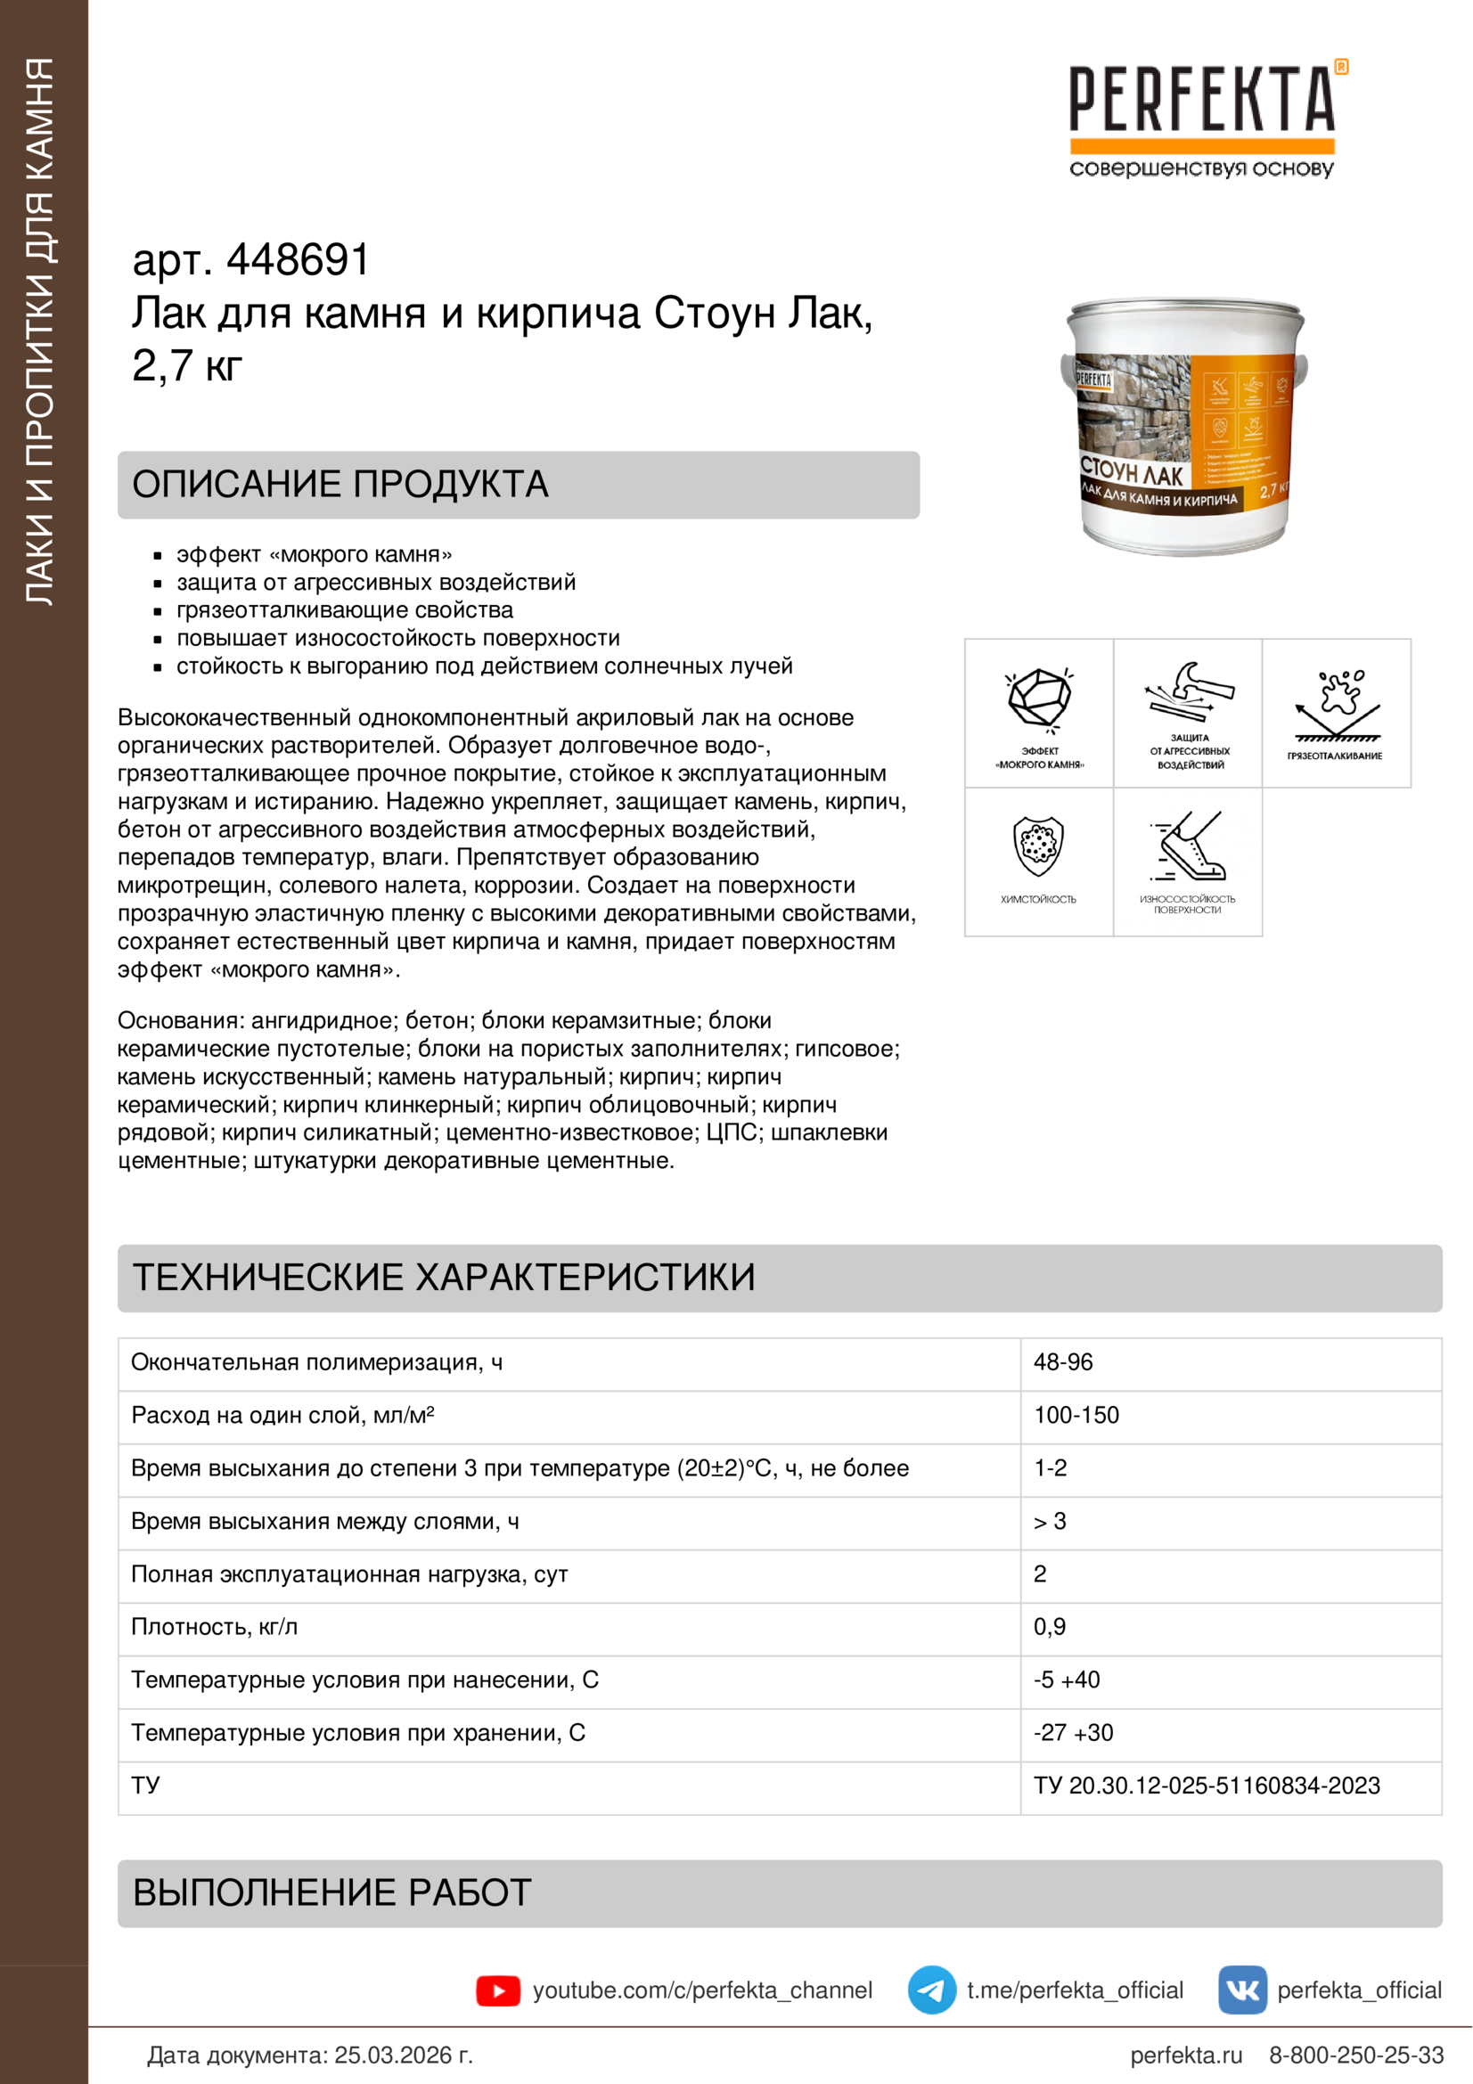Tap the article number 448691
[298, 260]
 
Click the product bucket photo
[1184, 427]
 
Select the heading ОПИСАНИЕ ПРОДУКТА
[340, 485]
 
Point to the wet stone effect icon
[1039, 699]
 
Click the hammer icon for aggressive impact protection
[1188, 694]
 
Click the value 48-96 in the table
[1063, 1362]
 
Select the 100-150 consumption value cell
[1076, 1415]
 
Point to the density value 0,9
[1050, 1627]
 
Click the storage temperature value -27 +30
[1074, 1733]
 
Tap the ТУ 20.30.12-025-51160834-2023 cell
[1207, 1786]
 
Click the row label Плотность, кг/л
[214, 1627]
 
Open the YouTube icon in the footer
[498, 1990]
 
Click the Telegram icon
[932, 1990]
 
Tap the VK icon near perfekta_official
[1242, 1990]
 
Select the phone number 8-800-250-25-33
[1356, 2055]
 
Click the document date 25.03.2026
[403, 2055]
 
